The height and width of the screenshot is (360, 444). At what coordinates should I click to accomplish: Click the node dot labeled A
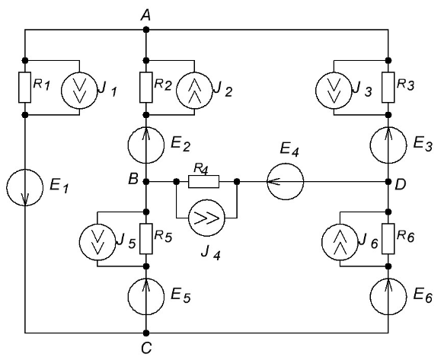tap(146, 30)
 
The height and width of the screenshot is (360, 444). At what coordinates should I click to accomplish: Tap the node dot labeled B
tap(146, 181)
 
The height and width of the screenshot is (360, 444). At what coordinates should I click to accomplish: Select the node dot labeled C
tap(146, 333)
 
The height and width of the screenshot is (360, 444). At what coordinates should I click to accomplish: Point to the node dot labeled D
tap(388, 181)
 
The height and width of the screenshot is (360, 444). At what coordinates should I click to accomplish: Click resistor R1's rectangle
tap(25, 88)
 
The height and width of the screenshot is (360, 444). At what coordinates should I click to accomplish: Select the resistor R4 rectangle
tap(203, 181)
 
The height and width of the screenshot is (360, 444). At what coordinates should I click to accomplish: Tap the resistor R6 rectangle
tap(388, 238)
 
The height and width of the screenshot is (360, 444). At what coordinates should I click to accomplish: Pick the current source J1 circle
tap(79, 90)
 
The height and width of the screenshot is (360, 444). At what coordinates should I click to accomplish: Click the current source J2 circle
tap(194, 90)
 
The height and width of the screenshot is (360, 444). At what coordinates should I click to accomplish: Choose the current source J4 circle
tap(206, 218)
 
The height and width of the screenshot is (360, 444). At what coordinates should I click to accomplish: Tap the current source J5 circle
tap(97, 242)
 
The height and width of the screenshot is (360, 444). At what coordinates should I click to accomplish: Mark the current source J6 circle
tap(340, 242)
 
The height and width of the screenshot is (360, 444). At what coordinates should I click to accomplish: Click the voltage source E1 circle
tap(25, 187)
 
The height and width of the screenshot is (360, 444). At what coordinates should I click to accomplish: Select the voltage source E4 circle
tap(285, 181)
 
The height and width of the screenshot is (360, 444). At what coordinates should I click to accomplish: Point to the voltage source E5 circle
tap(146, 297)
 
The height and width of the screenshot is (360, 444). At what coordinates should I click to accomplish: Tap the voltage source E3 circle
tap(388, 145)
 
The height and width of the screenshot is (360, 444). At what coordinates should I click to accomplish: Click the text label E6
tap(423, 296)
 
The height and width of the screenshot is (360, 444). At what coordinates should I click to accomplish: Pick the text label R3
tap(405, 84)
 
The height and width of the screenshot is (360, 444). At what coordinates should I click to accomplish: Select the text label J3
tap(363, 90)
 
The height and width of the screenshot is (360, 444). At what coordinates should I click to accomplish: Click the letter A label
tap(145, 16)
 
